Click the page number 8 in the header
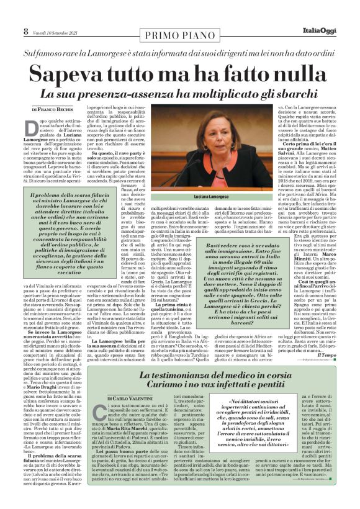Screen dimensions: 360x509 (x=26, y=30)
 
